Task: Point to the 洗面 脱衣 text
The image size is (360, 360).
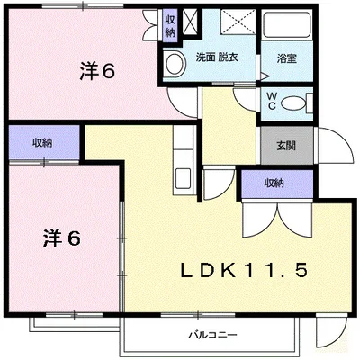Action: coord(216,58)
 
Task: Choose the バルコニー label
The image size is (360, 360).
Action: coord(212,333)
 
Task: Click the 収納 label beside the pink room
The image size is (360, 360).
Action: coord(42,142)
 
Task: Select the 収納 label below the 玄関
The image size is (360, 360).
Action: coord(274,183)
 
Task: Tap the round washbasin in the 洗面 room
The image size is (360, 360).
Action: coord(175,60)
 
